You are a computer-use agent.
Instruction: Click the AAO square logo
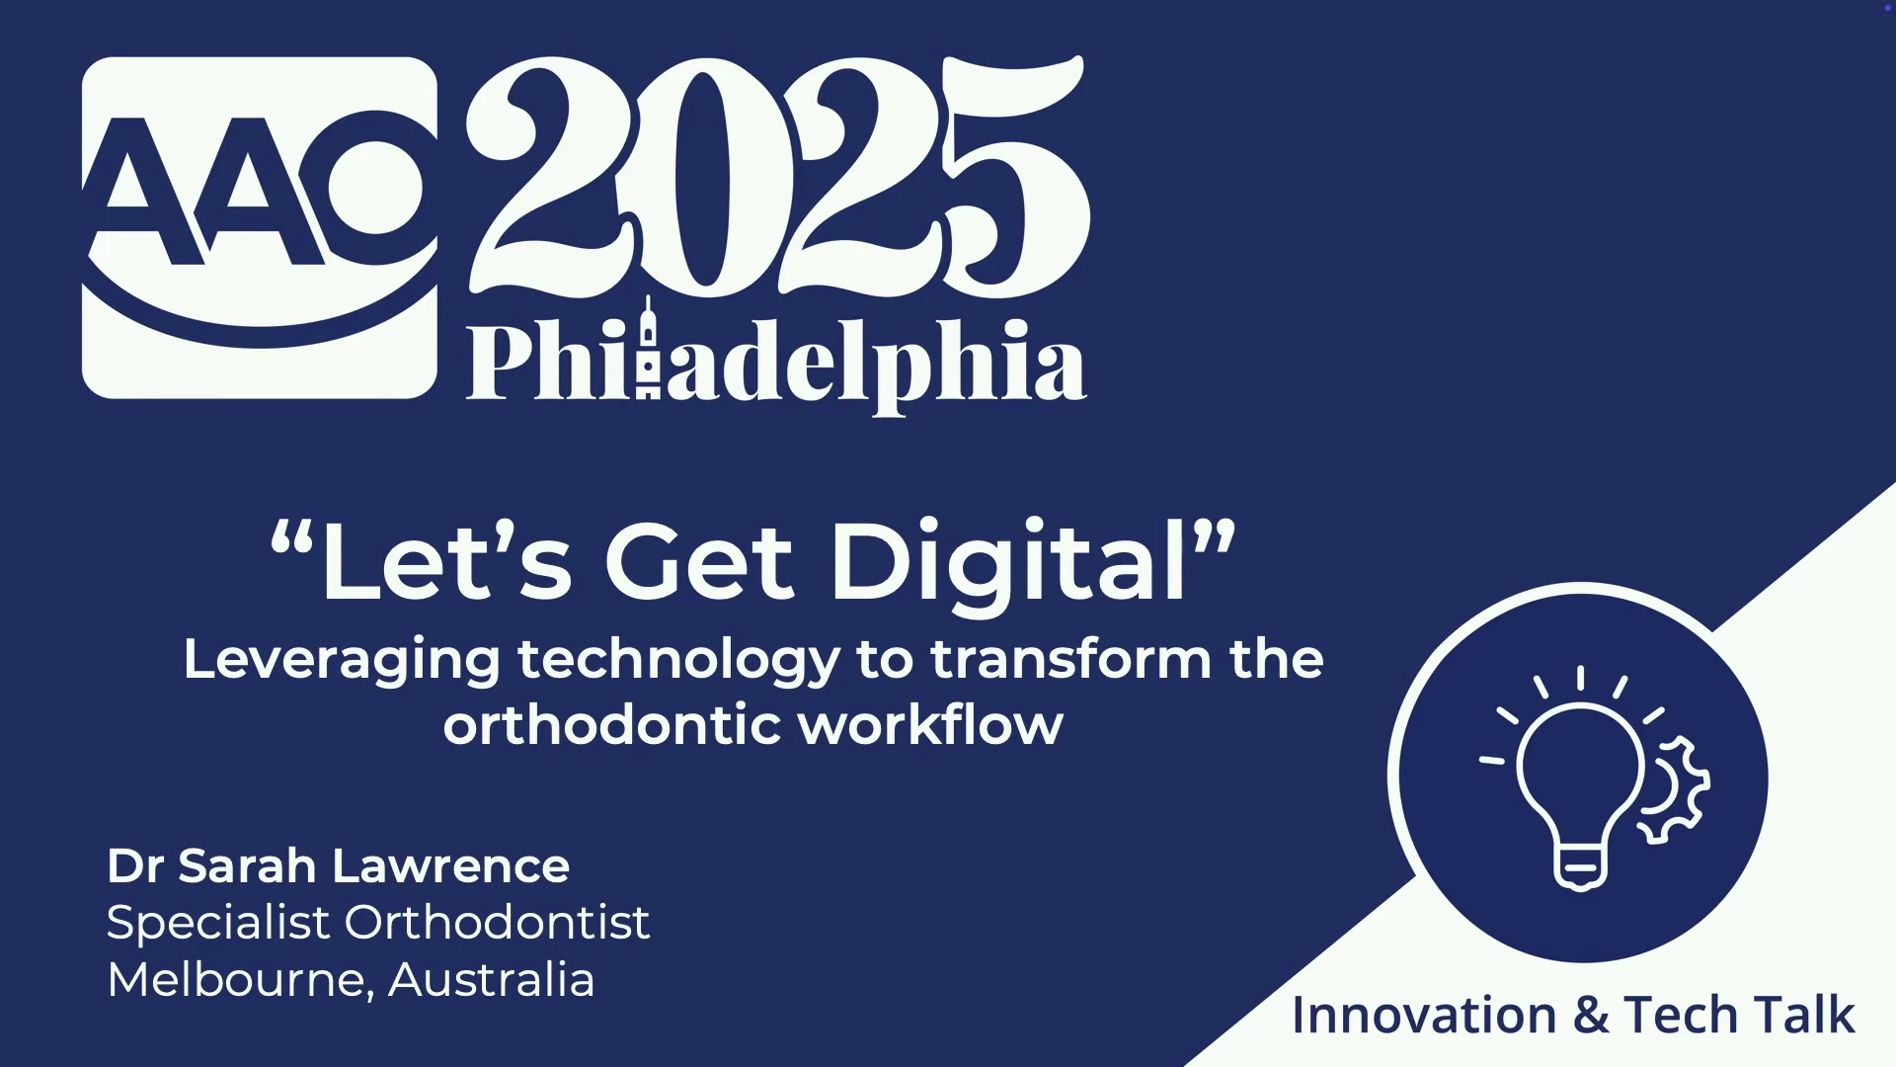pos(260,227)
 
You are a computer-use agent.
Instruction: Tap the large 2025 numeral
pos(778,176)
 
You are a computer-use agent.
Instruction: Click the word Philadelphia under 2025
pos(776,361)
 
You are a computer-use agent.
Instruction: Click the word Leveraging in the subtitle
pos(342,661)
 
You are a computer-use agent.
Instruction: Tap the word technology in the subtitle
pos(678,661)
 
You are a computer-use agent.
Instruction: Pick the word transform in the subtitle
pos(1070,659)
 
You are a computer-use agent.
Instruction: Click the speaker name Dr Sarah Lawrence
pos(338,865)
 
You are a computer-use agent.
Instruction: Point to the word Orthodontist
pos(497,922)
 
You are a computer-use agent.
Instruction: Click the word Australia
pos(491,980)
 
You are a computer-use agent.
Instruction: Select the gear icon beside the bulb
pos(1676,789)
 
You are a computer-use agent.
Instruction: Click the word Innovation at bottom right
pos(1424,1016)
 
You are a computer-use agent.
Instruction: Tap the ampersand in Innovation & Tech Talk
pos(1590,1016)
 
